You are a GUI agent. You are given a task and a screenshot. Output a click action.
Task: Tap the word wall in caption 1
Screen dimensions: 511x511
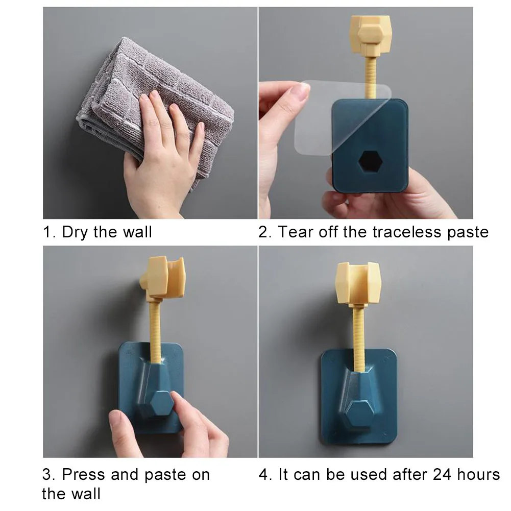click(137, 232)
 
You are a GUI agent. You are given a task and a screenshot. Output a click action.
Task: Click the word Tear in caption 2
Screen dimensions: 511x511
click(295, 232)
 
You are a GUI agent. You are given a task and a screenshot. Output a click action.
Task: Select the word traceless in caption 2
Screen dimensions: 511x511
click(407, 232)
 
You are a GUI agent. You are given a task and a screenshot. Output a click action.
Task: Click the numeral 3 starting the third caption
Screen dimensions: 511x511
click(46, 475)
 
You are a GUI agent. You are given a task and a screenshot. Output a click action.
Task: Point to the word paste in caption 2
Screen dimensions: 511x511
click(467, 232)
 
